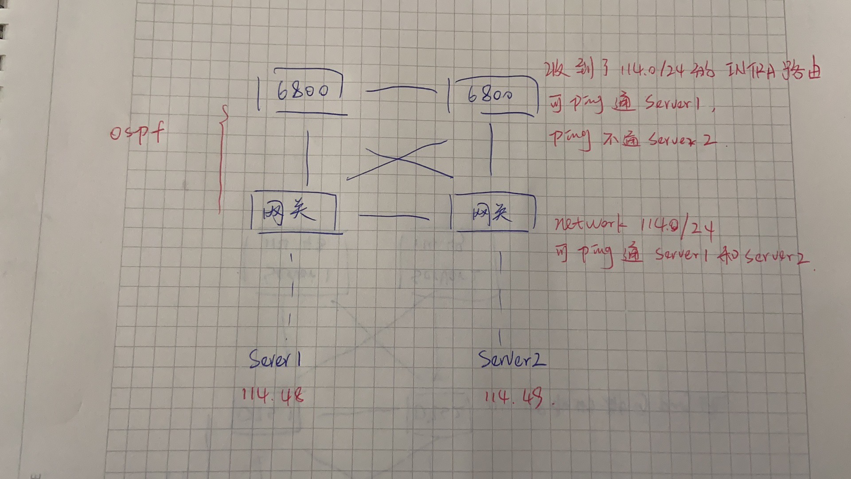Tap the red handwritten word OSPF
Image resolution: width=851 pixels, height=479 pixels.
pos(137,133)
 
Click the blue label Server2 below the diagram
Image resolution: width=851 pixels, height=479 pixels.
pos(511,359)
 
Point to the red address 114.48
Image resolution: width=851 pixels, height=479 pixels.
pos(273,395)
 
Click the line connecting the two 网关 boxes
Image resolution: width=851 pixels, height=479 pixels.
pos(394,216)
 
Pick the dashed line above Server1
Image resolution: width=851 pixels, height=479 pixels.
pos(291,295)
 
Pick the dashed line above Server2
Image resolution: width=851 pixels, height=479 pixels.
pos(500,297)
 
